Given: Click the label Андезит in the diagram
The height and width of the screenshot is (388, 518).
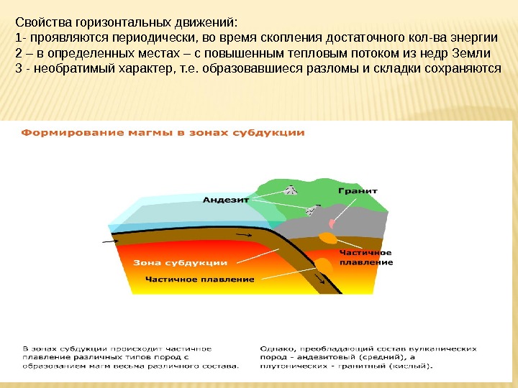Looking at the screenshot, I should (x=225, y=200).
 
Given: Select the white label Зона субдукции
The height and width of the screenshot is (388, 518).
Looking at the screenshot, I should (x=181, y=263).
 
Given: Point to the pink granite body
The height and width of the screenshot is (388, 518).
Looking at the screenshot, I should (x=332, y=223).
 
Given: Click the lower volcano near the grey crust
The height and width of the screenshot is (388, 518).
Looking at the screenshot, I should (x=312, y=211).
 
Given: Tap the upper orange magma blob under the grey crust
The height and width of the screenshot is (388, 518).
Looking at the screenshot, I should (x=328, y=238).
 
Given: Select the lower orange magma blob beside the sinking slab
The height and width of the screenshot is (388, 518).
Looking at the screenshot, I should (x=324, y=265).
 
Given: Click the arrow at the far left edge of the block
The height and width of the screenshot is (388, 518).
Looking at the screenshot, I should (x=111, y=243).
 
